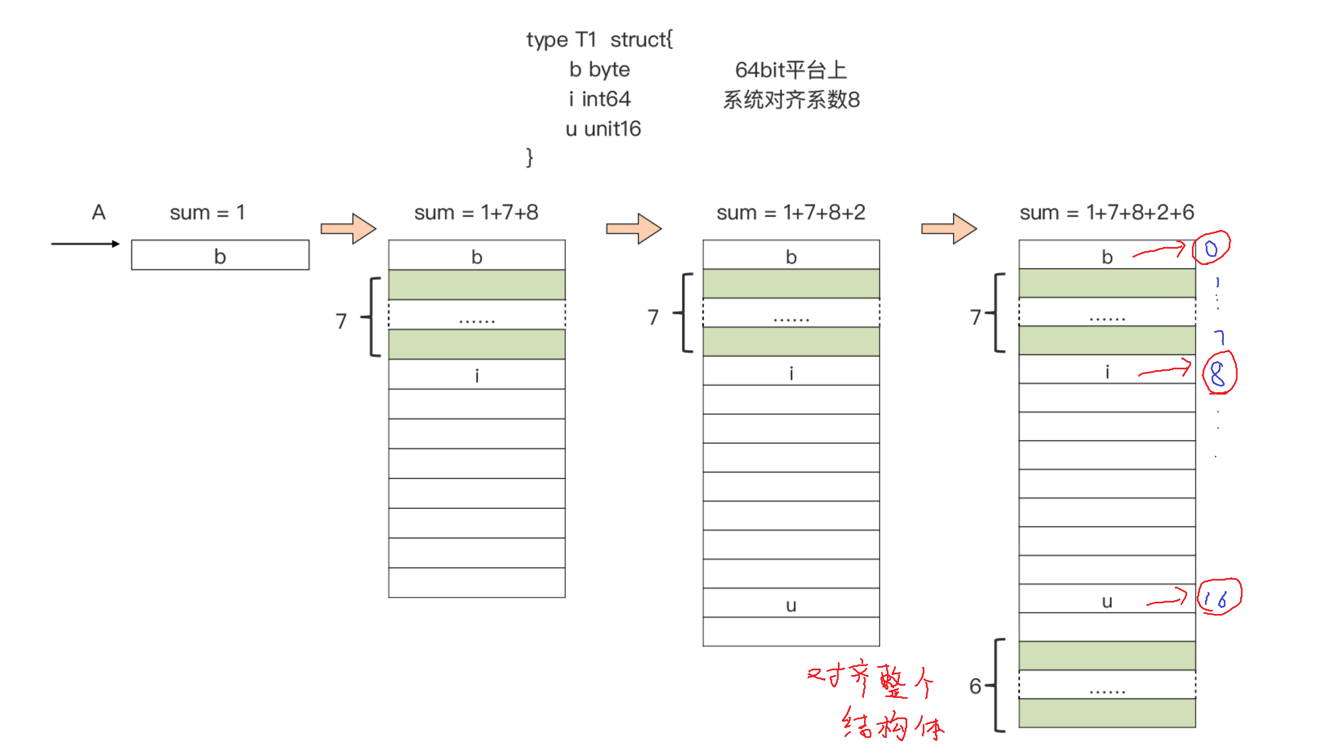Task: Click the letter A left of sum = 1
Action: coord(99,213)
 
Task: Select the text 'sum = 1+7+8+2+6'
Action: coord(1106,213)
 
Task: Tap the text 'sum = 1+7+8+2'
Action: coord(791,213)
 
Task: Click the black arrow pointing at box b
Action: coord(85,243)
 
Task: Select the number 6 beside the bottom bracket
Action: coord(975,687)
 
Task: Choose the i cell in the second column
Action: coord(476,374)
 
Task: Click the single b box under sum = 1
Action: coord(220,255)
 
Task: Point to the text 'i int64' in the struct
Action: coord(600,99)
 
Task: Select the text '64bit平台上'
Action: coord(791,70)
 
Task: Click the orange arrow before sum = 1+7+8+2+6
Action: coord(948,228)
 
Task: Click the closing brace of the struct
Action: coord(529,157)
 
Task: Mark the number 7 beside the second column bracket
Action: coord(341,321)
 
